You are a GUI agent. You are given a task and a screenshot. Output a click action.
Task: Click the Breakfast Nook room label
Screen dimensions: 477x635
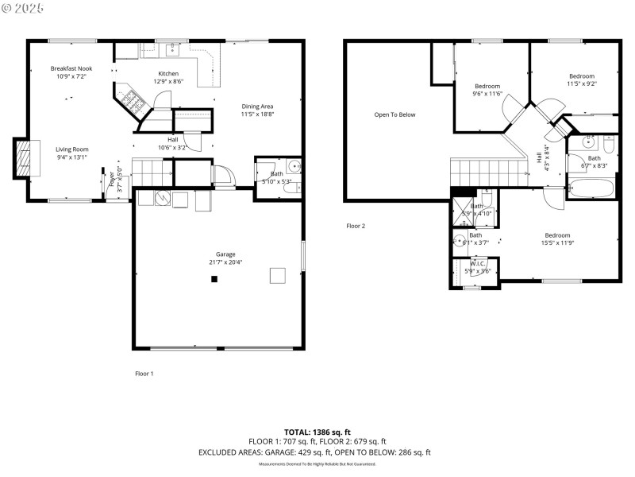(71, 69)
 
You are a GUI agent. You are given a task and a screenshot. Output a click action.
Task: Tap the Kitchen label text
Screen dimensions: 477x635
(168, 74)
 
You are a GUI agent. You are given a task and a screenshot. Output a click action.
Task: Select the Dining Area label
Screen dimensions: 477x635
(257, 107)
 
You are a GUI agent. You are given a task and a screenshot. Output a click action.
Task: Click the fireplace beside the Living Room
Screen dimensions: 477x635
(25, 159)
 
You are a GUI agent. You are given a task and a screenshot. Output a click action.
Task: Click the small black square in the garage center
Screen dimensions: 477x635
(214, 279)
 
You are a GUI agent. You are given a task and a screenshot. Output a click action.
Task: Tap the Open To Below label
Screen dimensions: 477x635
(394, 114)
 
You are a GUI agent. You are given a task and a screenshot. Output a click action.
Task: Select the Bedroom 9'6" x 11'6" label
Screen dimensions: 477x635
(487, 86)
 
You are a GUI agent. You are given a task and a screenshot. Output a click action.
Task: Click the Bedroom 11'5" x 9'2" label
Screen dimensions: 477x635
(581, 76)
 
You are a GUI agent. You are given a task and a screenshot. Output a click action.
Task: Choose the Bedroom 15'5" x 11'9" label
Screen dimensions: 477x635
(558, 235)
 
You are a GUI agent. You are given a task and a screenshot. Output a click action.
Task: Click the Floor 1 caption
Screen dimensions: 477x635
(144, 373)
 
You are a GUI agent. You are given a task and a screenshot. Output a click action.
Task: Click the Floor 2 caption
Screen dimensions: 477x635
(356, 226)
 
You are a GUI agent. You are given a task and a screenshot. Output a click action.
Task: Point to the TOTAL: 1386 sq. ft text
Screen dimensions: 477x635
(316, 431)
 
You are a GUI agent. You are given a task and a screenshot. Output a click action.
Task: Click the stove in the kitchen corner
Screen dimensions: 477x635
(132, 102)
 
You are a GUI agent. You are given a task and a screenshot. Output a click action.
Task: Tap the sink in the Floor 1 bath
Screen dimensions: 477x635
(294, 167)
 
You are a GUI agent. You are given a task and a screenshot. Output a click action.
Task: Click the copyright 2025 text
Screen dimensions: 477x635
(23, 7)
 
